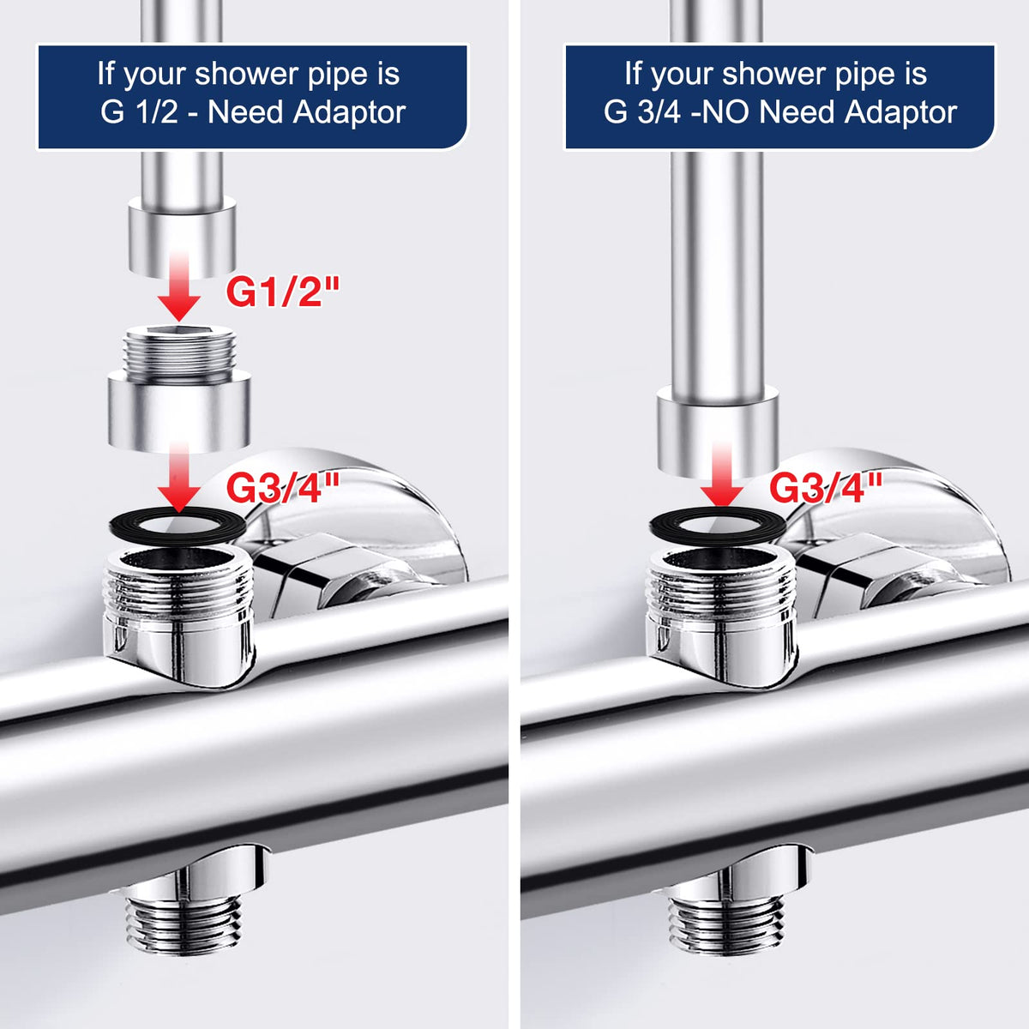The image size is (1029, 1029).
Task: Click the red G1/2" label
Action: pos(283,292)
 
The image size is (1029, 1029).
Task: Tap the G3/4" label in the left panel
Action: pos(283,488)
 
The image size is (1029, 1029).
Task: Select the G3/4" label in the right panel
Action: pos(826,488)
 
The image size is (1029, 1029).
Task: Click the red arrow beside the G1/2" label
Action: pos(179,287)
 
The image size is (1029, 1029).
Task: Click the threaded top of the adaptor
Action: pos(179,353)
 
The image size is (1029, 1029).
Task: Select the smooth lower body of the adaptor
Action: pos(179,412)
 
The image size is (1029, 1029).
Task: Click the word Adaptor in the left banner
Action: pos(349,112)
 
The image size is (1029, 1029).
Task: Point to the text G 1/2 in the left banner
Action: pos(139,112)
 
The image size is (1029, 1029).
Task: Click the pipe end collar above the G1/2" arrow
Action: pos(182,237)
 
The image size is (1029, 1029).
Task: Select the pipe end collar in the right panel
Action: pos(718,430)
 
